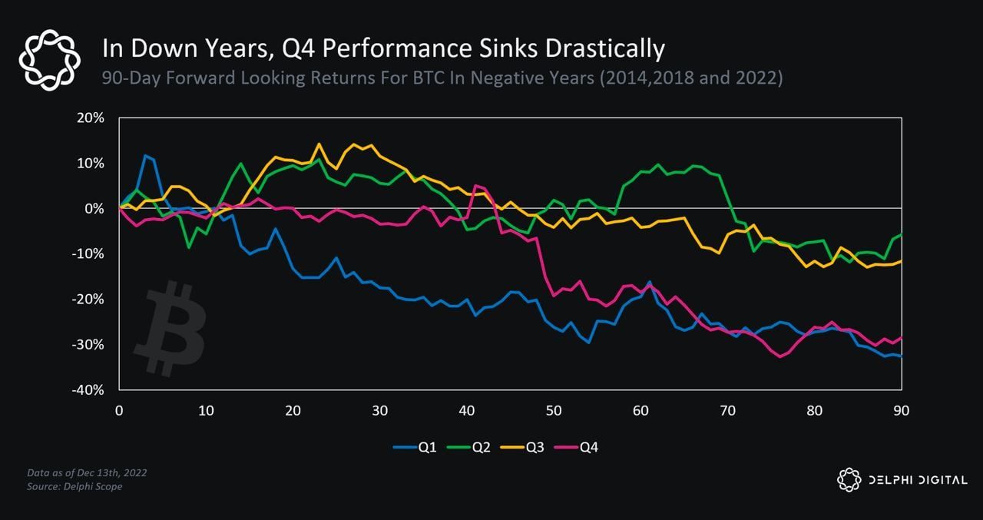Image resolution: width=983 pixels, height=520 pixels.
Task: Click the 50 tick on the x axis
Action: pos(554,411)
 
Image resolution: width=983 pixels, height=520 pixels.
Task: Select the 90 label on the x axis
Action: pos(901,411)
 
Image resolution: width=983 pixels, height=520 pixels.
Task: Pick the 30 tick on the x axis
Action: pos(379,411)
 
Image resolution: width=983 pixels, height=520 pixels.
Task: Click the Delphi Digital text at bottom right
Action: pos(917,480)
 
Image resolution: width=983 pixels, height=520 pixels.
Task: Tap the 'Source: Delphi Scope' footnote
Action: pos(75,486)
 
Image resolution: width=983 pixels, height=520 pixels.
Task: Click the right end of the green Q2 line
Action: pos(901,234)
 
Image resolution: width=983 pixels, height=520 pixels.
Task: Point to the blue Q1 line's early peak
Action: pos(145,156)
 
